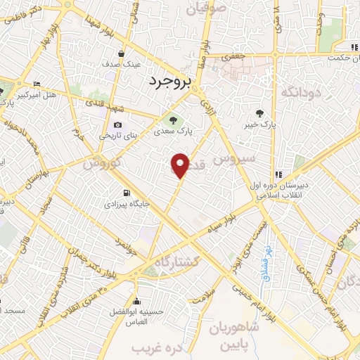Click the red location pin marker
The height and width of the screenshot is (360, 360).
click(181, 166)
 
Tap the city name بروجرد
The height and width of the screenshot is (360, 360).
click(169, 82)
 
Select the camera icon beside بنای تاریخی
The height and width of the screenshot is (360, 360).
click(117, 126)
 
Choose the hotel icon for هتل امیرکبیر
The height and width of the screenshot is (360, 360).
click(37, 84)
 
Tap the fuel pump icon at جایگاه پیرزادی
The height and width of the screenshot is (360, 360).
click(126, 193)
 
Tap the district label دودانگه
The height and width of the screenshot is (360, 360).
click(302, 92)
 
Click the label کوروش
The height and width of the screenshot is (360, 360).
click(103, 162)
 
